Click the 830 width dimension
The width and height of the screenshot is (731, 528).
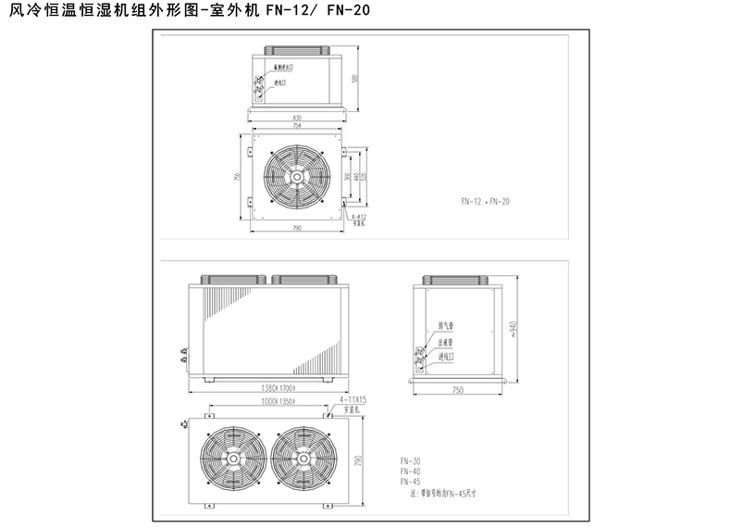[297, 118]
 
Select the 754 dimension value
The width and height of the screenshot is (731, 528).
[297, 127]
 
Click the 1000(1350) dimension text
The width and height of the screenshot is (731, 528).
[265, 403]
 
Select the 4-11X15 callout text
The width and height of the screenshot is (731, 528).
[354, 398]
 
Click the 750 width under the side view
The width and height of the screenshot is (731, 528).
[457, 392]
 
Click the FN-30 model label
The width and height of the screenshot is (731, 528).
[410, 460]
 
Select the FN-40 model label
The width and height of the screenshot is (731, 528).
[410, 471]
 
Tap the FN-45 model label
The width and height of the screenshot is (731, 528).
[410, 482]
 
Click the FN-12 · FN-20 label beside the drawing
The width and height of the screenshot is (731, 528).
[486, 201]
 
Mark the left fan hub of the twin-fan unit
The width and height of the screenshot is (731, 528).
[227, 460]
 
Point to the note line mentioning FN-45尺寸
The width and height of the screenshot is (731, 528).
[440, 493]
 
